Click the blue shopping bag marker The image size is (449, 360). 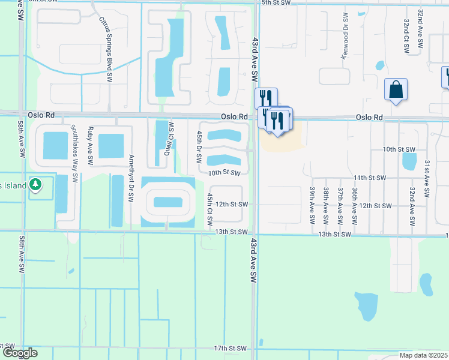click(396, 90)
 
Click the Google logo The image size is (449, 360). click(19, 353)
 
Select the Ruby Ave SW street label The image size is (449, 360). click(91, 146)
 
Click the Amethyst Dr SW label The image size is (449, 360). click(131, 179)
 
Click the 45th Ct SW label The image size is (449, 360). click(210, 208)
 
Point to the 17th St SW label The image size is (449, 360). click(231, 348)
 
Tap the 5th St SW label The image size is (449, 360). click(276, 3)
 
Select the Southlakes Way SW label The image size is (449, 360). click(75, 154)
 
